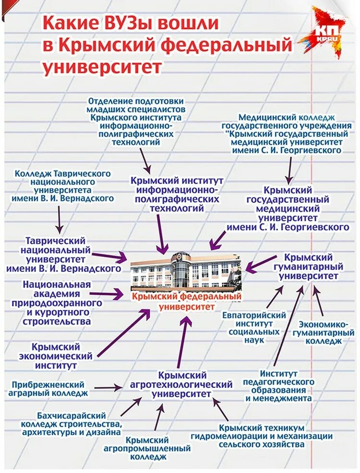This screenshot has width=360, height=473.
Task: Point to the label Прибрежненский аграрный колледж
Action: click(x=48, y=388)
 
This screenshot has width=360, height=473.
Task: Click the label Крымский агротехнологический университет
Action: click(x=181, y=384)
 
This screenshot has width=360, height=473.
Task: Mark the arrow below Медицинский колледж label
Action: click(x=289, y=169)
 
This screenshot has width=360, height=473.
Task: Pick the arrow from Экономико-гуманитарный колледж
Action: click(x=318, y=302)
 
